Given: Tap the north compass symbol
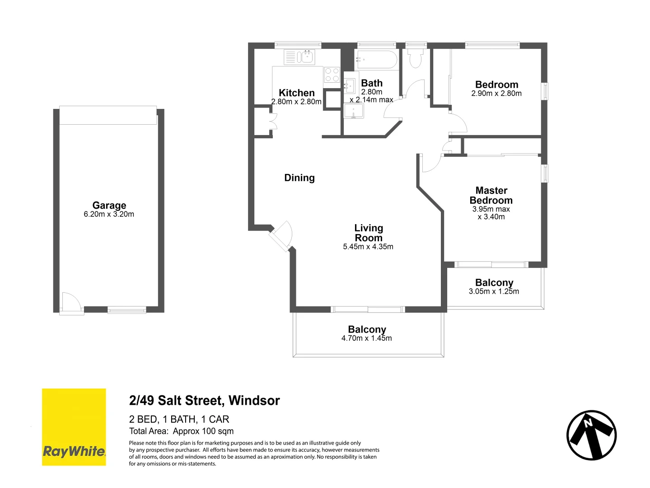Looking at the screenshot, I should point(591,435).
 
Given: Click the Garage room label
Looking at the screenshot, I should point(109,205).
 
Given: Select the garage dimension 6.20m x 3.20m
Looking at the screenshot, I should point(109,214).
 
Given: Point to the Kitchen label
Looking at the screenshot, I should point(296,93).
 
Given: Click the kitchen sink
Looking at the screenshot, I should point(307,57).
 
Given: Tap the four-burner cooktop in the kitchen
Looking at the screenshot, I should point(332,75).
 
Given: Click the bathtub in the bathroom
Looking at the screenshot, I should point(377,59).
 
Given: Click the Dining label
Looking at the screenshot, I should point(299,178).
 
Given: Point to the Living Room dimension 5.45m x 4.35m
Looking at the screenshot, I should point(368,247).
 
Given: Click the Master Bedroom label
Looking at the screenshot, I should point(491,195).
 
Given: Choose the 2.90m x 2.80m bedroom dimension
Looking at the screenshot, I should point(496,94).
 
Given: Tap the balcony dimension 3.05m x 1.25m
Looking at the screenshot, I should point(494,291).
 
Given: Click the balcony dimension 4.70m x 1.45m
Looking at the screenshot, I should point(367,338).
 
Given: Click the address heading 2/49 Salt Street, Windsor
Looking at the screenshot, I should point(205,400).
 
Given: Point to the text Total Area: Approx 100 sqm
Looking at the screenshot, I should point(182,431).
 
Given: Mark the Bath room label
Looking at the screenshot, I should point(372,83).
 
